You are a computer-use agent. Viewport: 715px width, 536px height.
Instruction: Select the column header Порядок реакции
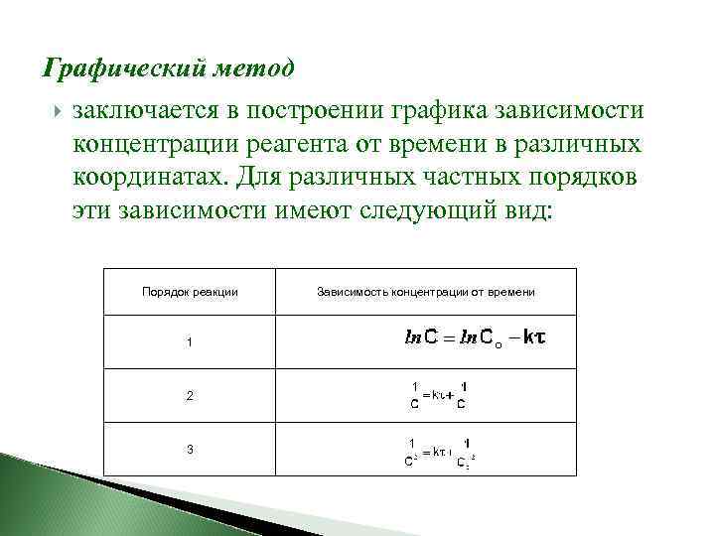pos(190,292)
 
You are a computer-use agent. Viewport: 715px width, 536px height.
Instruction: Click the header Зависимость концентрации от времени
pos(426,292)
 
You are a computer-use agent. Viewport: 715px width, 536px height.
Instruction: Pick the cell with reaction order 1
pos(190,342)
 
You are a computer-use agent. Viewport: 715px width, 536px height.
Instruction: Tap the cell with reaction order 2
pos(190,396)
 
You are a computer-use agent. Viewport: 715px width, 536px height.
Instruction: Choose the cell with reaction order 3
pos(190,450)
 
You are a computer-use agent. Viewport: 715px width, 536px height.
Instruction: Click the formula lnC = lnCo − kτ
pos(476,340)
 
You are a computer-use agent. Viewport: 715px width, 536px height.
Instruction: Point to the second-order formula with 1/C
pos(438,395)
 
